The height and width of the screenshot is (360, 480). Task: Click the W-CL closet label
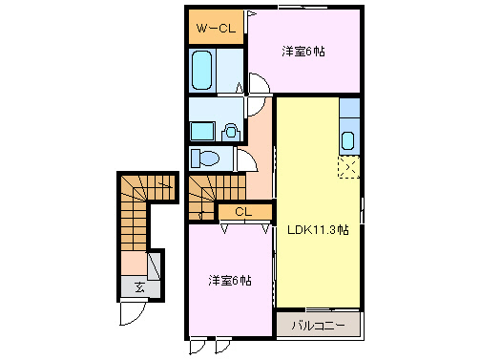[x=216, y=28]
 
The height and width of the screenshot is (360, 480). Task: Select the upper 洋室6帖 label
[x=303, y=51]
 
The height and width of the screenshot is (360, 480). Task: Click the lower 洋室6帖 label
[x=231, y=280]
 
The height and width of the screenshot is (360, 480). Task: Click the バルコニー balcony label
[x=319, y=326]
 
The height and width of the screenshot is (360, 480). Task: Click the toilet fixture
[x=204, y=158]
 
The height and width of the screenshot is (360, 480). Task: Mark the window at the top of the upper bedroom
[x=304, y=8]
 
